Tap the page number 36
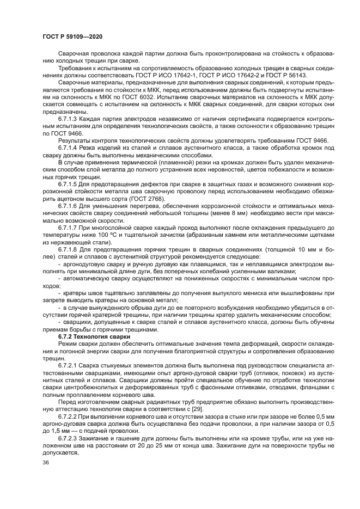point(46,462)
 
